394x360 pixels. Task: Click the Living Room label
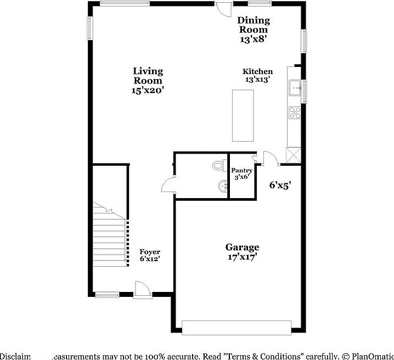tap(148, 81)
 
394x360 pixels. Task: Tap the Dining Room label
tap(253, 30)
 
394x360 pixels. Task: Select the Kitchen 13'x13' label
tap(258, 75)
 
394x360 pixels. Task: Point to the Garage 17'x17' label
tap(242, 252)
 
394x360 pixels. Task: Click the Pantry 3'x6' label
tap(241, 174)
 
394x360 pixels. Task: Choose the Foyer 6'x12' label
tap(150, 255)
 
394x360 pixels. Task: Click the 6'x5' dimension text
tap(280, 185)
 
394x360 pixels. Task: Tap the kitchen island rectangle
tap(244, 115)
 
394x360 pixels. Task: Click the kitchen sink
tap(295, 88)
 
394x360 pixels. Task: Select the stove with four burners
tap(295, 112)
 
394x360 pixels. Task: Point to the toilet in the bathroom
tap(218, 165)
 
